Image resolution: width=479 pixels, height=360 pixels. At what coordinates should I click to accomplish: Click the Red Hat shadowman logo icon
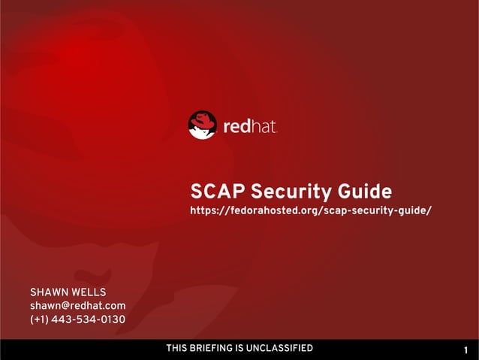(x=202, y=125)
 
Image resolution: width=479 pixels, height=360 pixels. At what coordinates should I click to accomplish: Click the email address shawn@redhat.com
(x=77, y=306)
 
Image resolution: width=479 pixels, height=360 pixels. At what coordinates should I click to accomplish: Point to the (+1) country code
(x=40, y=321)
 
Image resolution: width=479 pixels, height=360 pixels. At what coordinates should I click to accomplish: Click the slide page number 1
(x=466, y=350)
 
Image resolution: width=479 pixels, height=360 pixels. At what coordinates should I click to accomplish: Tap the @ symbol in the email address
(x=65, y=306)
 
